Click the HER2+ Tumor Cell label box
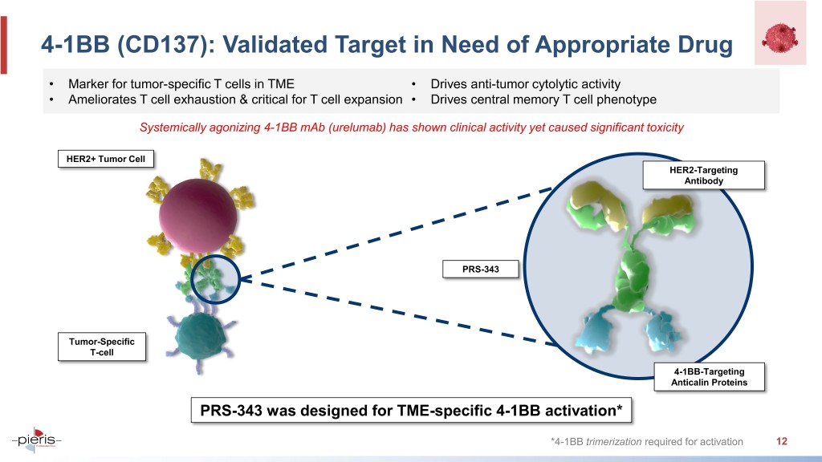(106, 159)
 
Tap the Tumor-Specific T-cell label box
(102, 346)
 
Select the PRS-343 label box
(481, 269)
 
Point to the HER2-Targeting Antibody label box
(703, 175)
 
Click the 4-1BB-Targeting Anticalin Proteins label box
(710, 377)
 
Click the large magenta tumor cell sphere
(197, 215)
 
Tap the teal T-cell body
(201, 336)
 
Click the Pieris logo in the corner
(37, 440)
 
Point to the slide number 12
(782, 441)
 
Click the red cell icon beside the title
(780, 37)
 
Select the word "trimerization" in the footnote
(613, 442)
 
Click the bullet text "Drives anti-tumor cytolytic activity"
(525, 83)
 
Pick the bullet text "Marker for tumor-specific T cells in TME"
(181, 83)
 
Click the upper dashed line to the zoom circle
(397, 233)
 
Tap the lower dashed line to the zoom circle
(398, 312)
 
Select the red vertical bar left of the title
(4, 45)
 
